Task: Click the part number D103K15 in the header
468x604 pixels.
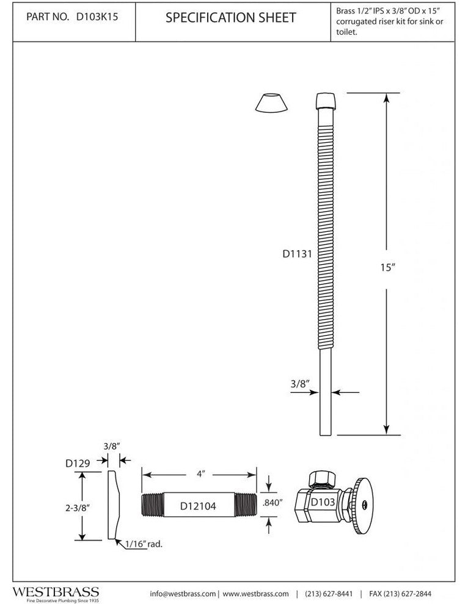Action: [97, 17]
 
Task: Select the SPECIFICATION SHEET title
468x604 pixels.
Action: [231, 17]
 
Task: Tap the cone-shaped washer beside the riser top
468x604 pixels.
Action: [272, 103]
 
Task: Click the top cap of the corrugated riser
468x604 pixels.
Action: [326, 101]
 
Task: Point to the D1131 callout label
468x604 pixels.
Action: [297, 254]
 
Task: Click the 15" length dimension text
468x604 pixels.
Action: [388, 267]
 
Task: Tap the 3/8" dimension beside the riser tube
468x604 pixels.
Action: [300, 384]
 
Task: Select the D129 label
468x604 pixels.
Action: [78, 463]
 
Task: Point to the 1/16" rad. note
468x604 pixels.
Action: [144, 544]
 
